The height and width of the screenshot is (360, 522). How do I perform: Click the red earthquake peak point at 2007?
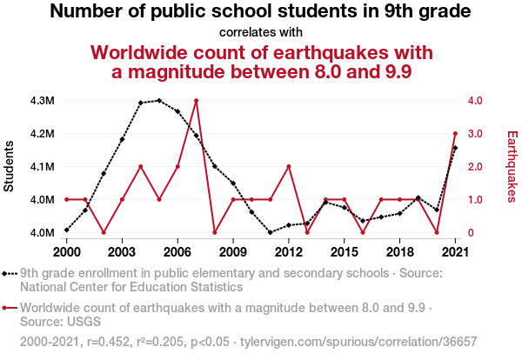(x=196, y=101)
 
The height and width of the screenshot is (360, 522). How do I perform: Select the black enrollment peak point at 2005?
(x=159, y=100)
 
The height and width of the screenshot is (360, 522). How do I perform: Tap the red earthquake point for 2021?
(x=455, y=134)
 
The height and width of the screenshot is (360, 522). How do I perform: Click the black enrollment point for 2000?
(x=67, y=230)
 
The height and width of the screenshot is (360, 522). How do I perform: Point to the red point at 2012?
(x=288, y=167)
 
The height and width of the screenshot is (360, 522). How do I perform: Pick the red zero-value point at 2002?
(x=104, y=232)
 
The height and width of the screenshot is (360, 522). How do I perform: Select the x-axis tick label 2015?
(x=344, y=252)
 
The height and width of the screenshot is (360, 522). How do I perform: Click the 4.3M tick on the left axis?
(x=41, y=101)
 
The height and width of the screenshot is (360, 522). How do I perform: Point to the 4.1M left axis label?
(x=41, y=167)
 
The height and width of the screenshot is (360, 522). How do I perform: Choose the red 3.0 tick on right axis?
(x=474, y=134)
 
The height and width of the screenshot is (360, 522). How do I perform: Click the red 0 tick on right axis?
(x=471, y=233)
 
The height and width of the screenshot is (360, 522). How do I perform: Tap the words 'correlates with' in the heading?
(x=261, y=33)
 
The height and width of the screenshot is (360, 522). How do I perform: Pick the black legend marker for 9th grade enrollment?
(x=9, y=273)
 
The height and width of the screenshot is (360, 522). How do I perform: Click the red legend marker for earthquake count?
(x=9, y=308)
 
